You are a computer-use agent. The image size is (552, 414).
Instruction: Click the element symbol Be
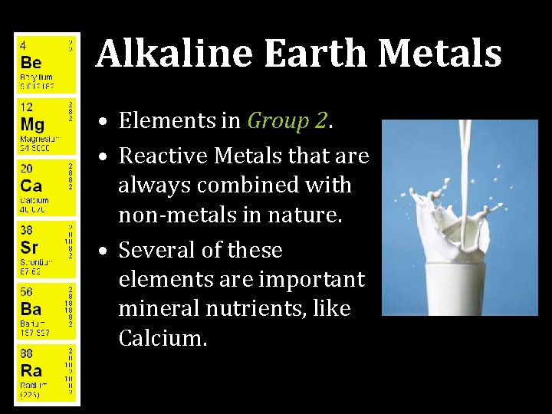coord(31,61)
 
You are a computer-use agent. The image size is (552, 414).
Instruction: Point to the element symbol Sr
coord(29,248)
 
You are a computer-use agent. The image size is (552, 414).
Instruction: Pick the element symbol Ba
coord(31,309)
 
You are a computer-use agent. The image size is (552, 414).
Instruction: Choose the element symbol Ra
coord(31,371)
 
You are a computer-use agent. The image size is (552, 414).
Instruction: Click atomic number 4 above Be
coord(23,44)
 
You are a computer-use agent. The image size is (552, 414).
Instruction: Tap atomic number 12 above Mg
coord(25,107)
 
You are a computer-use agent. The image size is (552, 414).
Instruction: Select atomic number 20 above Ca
coord(26,169)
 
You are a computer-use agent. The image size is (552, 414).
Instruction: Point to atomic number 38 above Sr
coord(26,231)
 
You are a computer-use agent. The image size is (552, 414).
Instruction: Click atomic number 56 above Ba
coord(26,293)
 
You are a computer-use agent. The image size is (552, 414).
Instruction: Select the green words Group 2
coord(287,121)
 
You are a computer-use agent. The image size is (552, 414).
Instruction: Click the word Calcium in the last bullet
coord(163,338)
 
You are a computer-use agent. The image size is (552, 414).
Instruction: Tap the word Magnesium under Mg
coord(38,139)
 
